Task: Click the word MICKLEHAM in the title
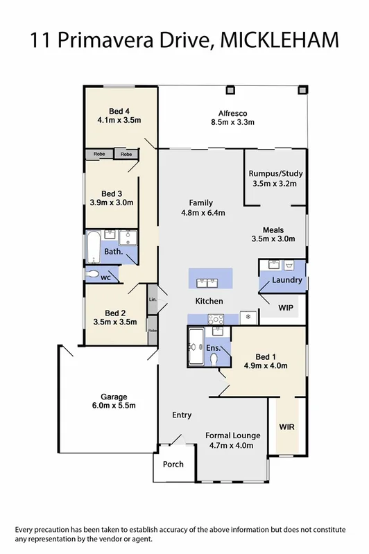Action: tap(279, 40)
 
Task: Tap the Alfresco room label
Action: tap(233, 112)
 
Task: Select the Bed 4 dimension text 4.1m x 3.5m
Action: tap(119, 120)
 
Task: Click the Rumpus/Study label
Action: tap(275, 173)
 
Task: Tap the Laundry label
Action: tap(287, 280)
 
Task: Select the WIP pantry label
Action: tap(286, 306)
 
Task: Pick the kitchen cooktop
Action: tap(215, 319)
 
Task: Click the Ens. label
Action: tap(214, 347)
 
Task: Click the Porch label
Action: tap(173, 464)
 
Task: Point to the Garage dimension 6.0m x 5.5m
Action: tap(114, 406)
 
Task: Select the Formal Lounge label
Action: tap(233, 435)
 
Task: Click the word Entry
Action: tap(182, 415)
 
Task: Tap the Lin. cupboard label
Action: tap(152, 300)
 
